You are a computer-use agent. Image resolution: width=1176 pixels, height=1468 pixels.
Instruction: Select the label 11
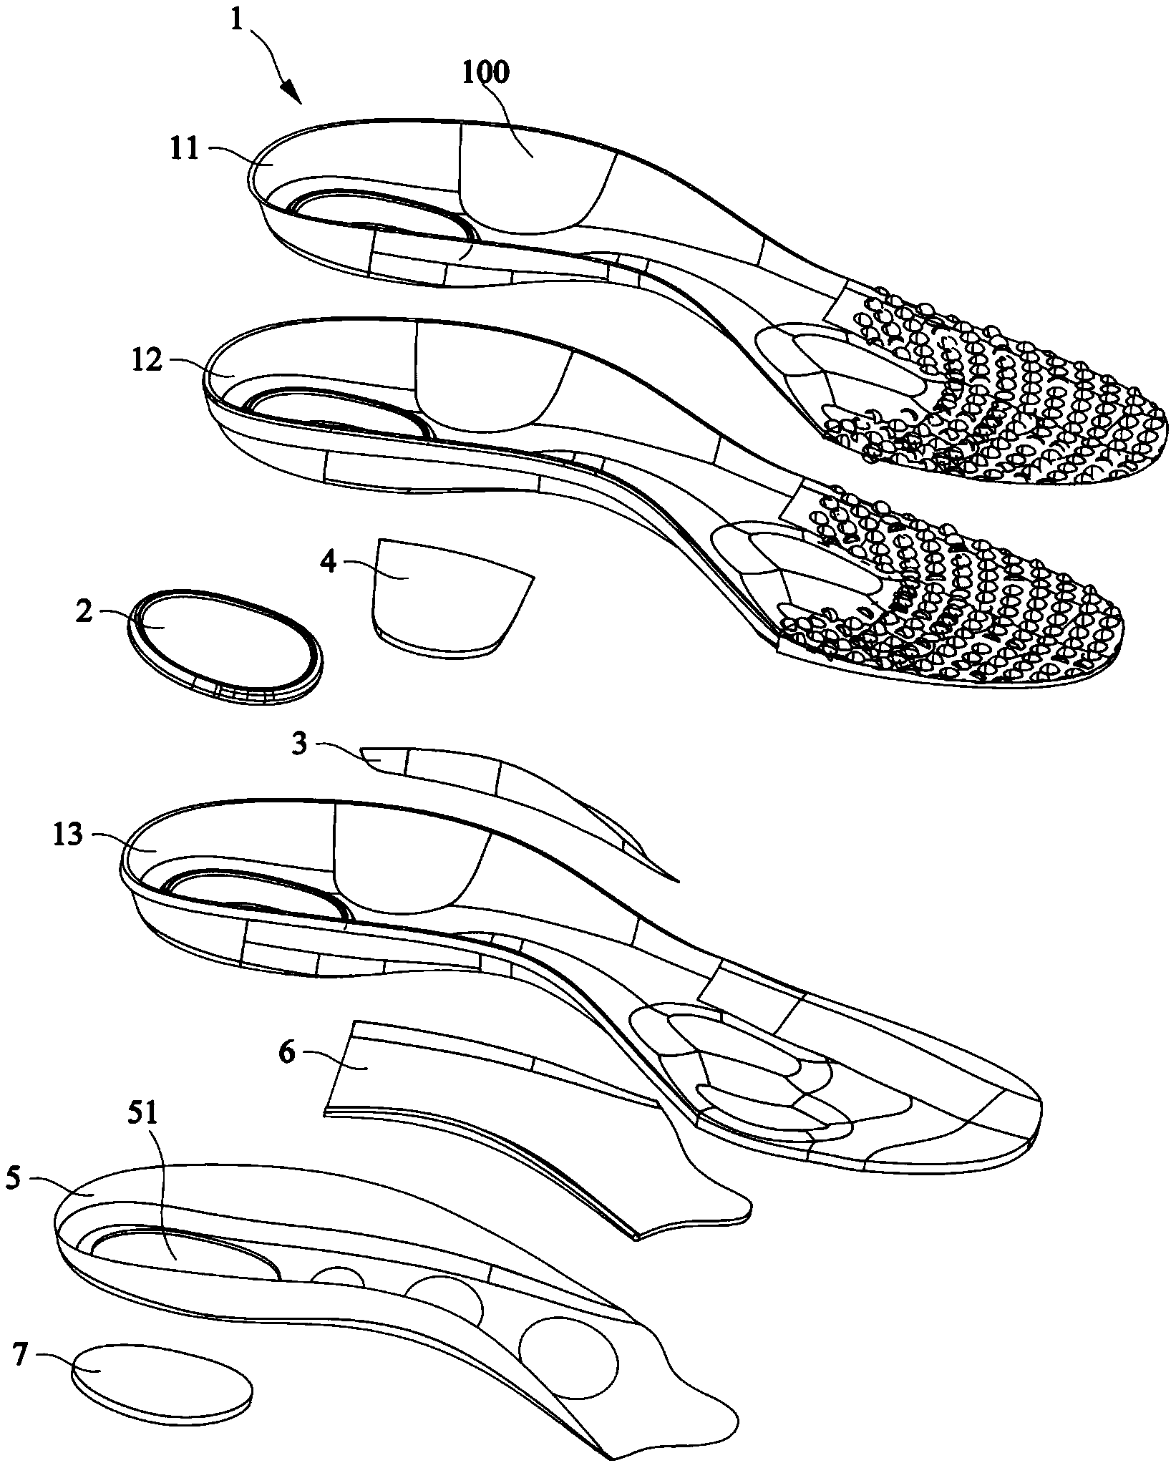tap(185, 151)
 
